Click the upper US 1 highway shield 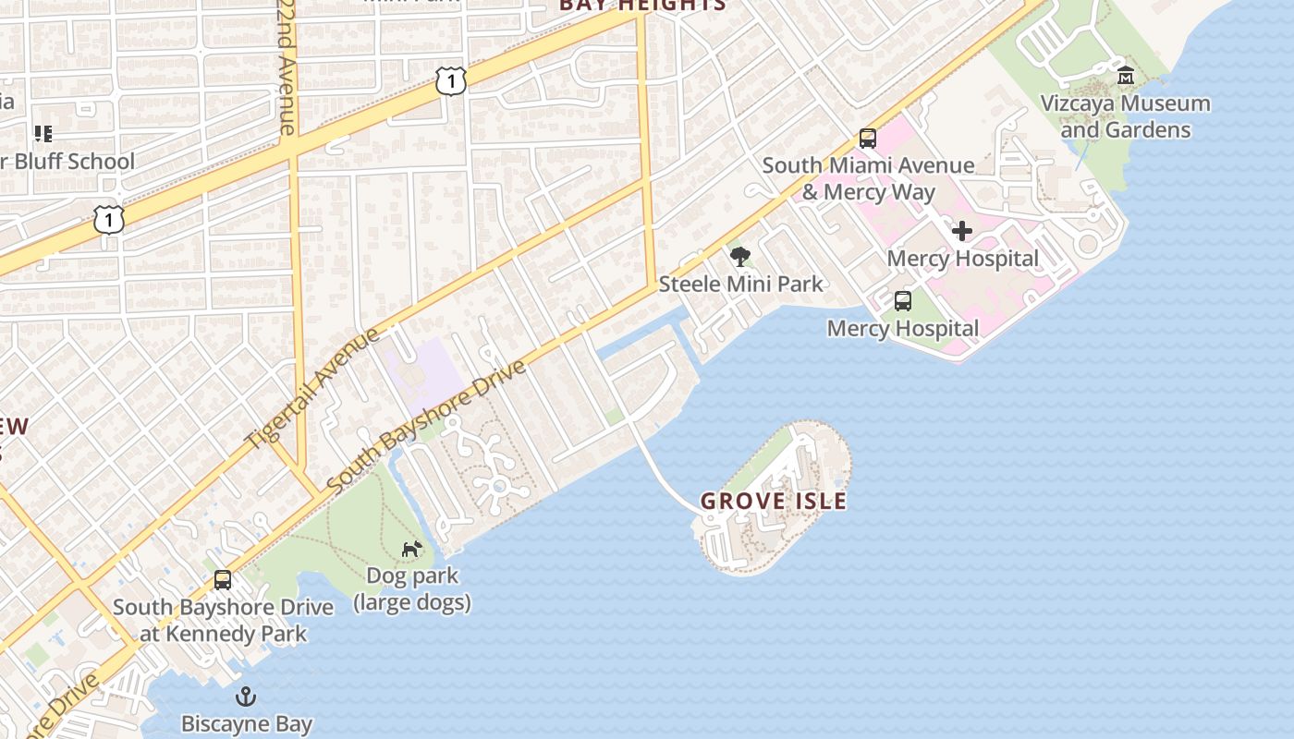[450, 81]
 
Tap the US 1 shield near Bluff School [109, 220]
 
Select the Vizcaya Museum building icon [1125, 76]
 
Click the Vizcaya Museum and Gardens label [1125, 116]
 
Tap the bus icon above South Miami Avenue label [868, 139]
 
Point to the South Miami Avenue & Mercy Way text [868, 178]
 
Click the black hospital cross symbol [962, 231]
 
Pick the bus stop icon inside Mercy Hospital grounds [903, 301]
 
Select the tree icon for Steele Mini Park [739, 257]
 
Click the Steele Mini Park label [740, 284]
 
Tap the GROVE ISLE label [774, 502]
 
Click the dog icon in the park [411, 549]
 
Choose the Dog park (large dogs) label [412, 589]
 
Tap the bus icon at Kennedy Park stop [223, 580]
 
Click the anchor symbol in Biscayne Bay [246, 696]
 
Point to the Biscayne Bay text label [246, 723]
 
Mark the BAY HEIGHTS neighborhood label [642, 6]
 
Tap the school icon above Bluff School [43, 135]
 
